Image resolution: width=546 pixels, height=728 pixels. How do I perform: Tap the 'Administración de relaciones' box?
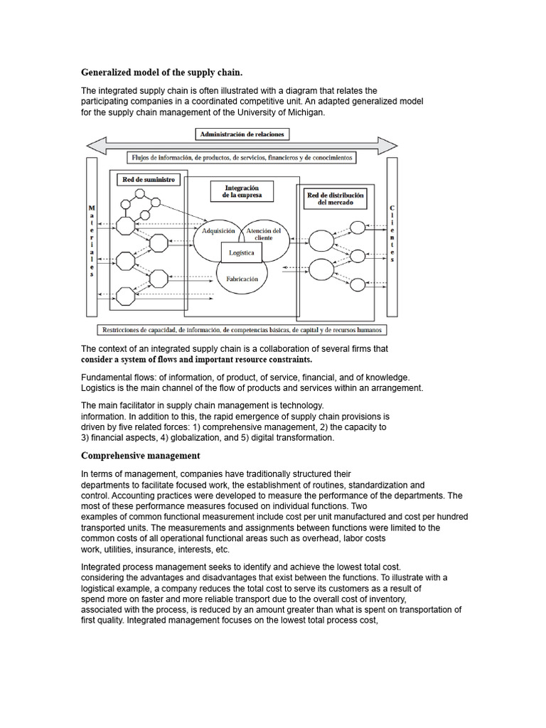point(242,134)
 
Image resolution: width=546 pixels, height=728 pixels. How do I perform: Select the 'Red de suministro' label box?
point(148,180)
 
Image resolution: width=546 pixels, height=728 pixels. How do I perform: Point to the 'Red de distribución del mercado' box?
point(334,198)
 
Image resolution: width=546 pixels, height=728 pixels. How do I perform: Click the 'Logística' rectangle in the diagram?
point(242,252)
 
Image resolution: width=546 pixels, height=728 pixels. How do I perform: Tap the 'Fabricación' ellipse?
point(242,279)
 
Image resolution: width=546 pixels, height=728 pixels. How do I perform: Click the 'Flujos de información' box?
point(242,157)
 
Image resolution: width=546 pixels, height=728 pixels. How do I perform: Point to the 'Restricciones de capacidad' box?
point(242,330)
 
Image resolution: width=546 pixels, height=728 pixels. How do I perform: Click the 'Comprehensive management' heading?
point(141,455)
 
